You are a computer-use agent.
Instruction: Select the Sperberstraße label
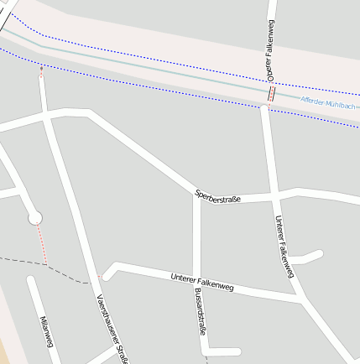[217, 196]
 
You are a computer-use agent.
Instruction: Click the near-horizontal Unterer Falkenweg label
[201, 282]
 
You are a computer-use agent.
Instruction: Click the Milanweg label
[46, 330]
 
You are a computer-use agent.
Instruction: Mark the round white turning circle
[35, 218]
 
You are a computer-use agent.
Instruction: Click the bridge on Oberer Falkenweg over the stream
[271, 93]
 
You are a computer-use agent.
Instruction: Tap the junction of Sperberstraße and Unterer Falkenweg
[274, 197]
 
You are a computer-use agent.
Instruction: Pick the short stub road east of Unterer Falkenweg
[307, 257]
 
